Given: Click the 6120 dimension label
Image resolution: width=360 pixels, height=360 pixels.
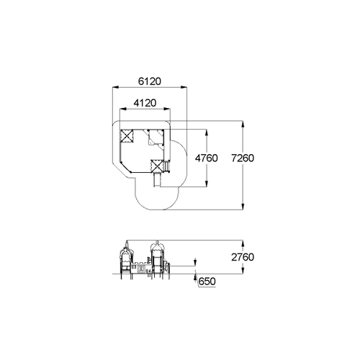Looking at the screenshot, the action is tap(150, 81).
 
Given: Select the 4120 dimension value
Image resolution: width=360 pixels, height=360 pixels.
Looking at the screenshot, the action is tap(145, 103).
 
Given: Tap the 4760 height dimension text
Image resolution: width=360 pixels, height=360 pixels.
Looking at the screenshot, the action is tap(207, 158).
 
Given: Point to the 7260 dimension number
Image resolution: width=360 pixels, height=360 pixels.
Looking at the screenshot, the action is tap(243, 158).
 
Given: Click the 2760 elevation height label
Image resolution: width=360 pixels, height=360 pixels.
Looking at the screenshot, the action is tap(243, 257).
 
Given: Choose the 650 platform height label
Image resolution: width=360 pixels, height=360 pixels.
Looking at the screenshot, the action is tap(207, 282).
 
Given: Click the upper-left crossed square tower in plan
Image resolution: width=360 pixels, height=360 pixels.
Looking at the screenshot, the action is tap(127, 135).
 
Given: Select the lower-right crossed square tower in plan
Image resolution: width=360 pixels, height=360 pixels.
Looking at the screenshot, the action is tap(157, 166).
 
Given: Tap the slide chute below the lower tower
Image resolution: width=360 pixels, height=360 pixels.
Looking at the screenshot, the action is tap(157, 179).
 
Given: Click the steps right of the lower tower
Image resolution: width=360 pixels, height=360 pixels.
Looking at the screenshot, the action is tap(167, 166).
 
